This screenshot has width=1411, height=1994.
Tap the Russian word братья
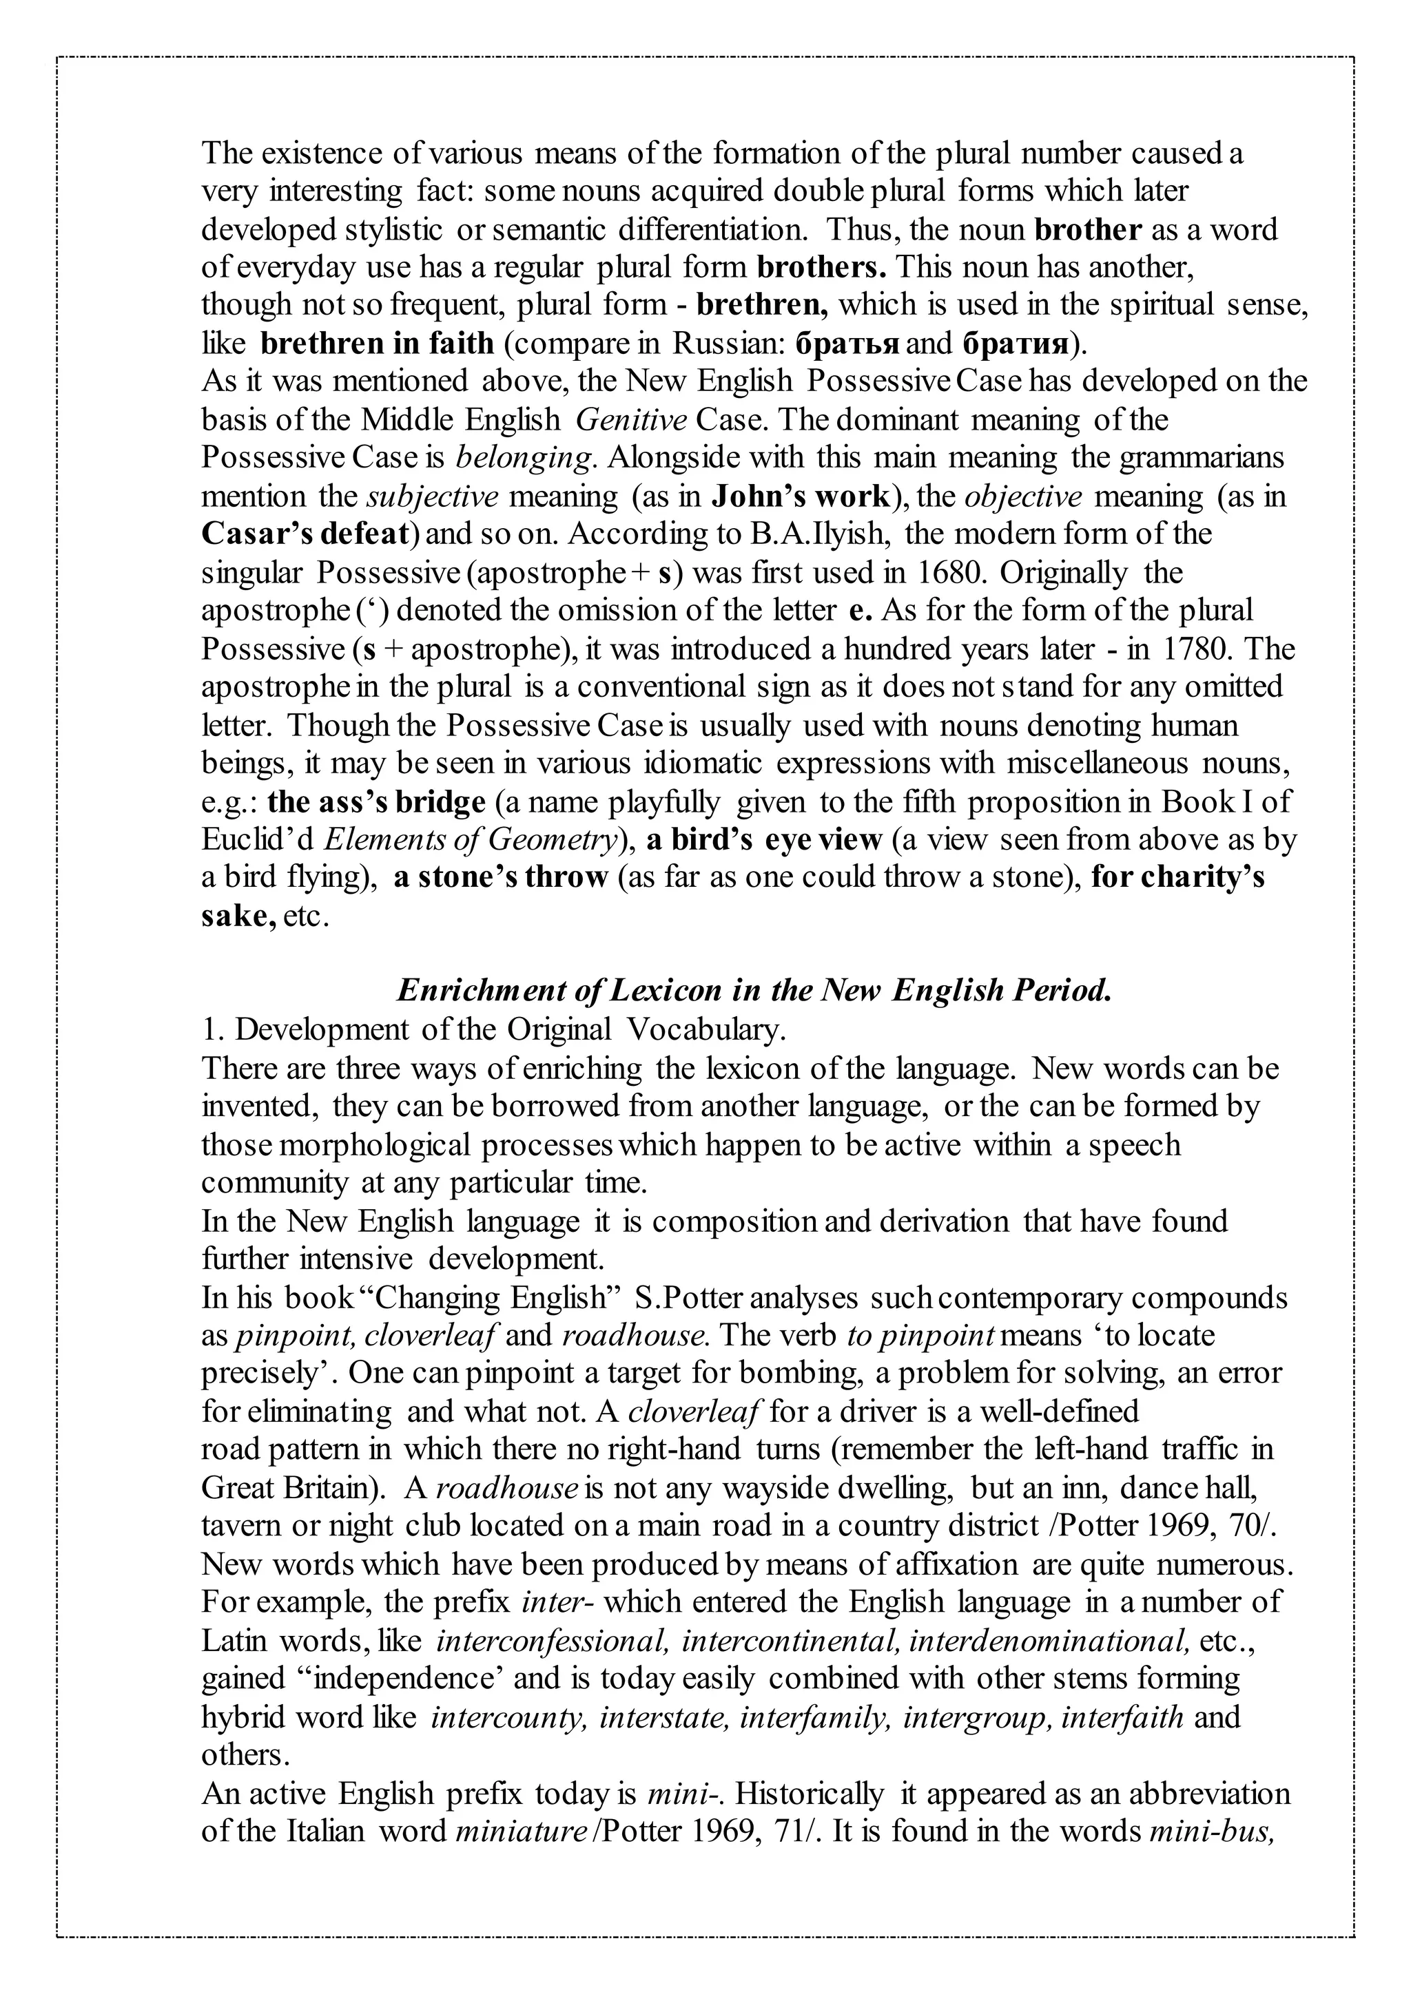[x=847, y=344]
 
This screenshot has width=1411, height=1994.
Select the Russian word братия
[x=1016, y=344]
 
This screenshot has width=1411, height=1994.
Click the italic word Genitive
[x=632, y=420]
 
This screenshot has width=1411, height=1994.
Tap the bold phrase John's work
[x=801, y=496]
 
